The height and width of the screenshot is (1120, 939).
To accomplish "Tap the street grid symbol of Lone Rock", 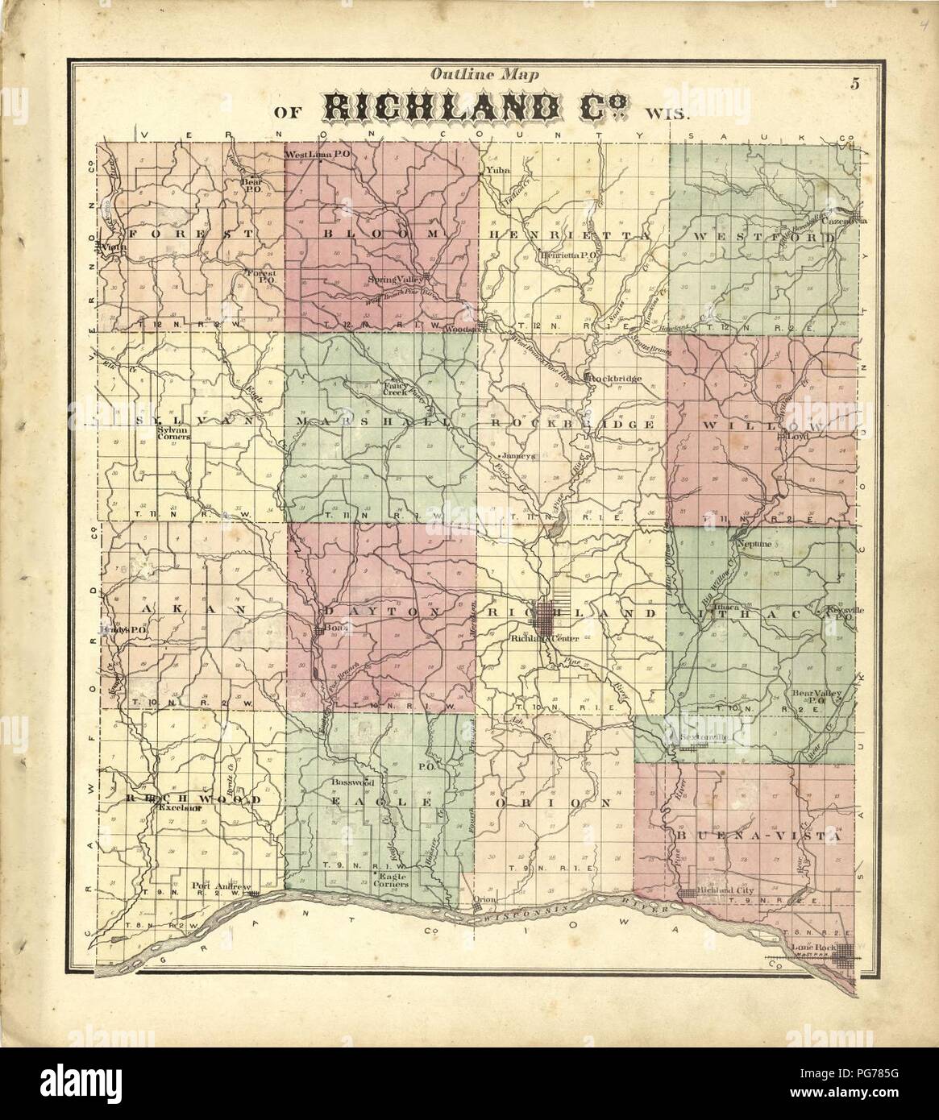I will pyautogui.click(x=844, y=957).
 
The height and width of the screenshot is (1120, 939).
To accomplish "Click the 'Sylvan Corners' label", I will pyautogui.click(x=171, y=433).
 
